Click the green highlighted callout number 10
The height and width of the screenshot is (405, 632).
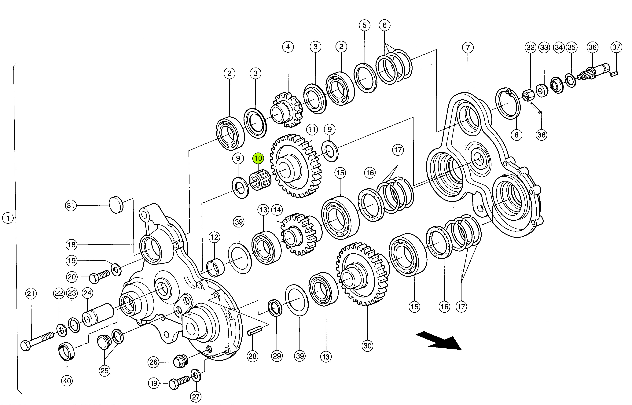tap(258, 158)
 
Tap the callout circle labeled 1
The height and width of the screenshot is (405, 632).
tap(8, 218)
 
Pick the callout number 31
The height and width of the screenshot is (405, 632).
tap(71, 205)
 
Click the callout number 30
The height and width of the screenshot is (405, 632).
tap(367, 346)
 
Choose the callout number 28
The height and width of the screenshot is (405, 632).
tap(252, 356)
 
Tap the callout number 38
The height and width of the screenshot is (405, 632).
tap(542, 135)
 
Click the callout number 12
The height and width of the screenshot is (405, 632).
tap(214, 237)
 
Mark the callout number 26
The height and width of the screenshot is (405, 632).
tap(153, 362)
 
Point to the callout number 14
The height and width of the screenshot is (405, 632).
tap(277, 210)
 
